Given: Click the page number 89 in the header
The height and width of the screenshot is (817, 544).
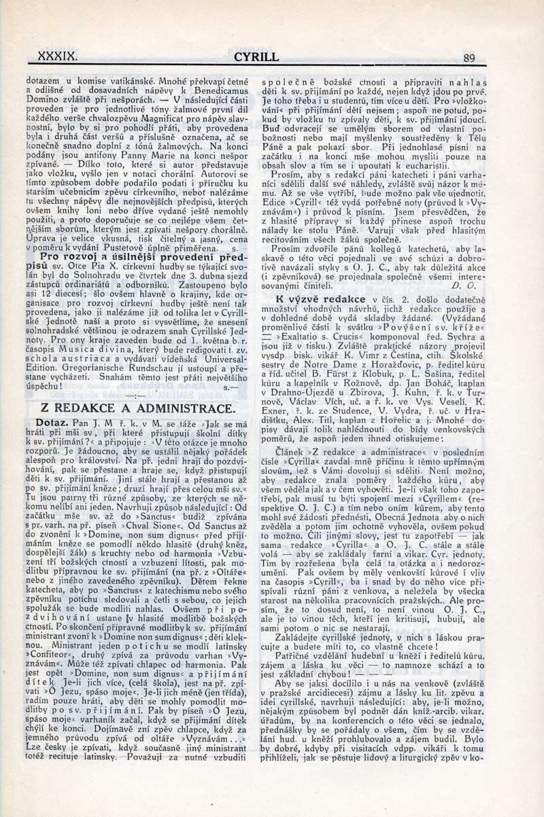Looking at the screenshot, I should pyautogui.click(x=469, y=58).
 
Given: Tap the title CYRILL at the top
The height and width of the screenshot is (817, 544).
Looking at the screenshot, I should pyautogui.click(x=256, y=58).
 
